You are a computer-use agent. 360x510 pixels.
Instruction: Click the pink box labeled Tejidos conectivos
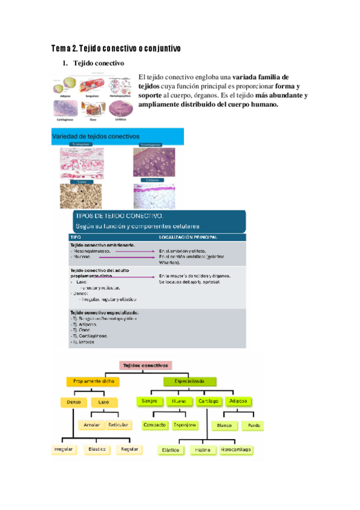[x=147, y=365]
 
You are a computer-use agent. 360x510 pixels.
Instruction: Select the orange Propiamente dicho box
[x=93, y=381]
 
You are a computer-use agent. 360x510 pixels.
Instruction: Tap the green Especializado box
[x=190, y=381]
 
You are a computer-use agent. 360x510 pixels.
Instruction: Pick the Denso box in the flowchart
[x=74, y=401]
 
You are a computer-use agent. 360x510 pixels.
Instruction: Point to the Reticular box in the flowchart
[x=119, y=425]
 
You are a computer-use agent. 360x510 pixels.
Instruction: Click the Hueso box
[x=178, y=401]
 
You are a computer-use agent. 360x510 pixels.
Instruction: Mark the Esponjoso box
[x=185, y=425]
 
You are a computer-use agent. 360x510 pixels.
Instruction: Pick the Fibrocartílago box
[x=236, y=449]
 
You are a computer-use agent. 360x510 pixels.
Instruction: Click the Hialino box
[x=202, y=450]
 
